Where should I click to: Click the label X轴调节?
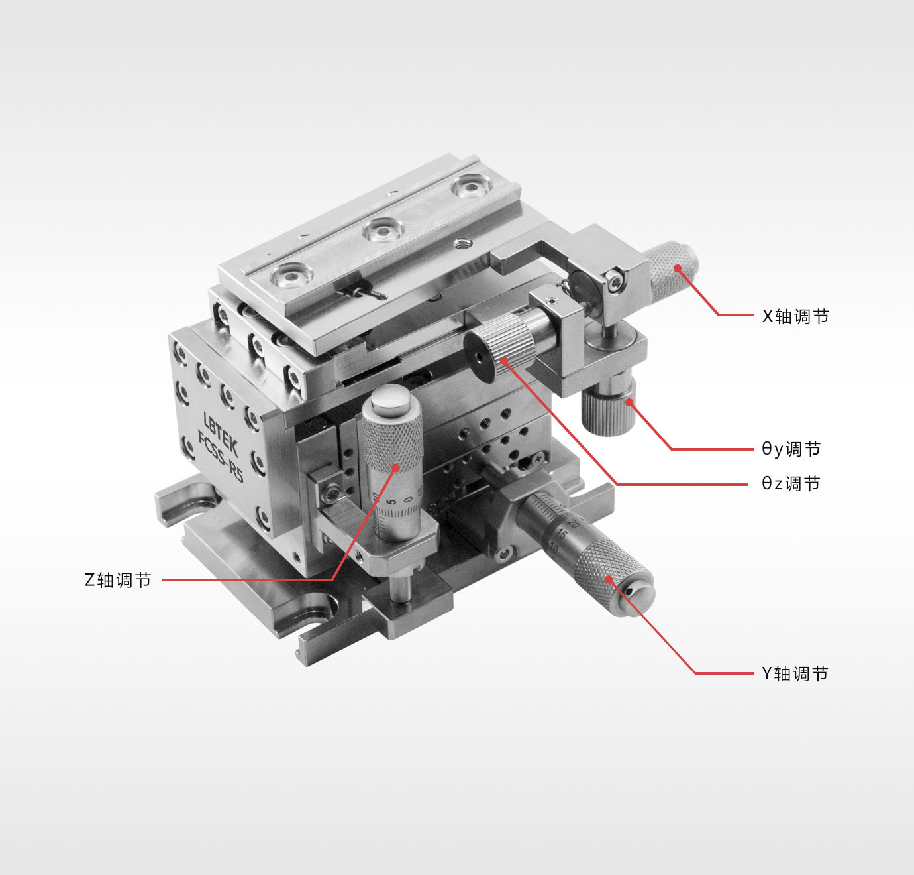click(795, 316)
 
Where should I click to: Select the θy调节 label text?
click(791, 449)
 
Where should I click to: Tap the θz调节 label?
click(791, 483)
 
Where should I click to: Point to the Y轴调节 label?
click(795, 673)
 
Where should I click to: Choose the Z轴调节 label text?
click(118, 580)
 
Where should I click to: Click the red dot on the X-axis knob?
click(678, 268)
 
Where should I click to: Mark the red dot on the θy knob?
click(629, 402)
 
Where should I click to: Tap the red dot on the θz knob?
click(503, 360)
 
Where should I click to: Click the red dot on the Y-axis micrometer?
click(609, 579)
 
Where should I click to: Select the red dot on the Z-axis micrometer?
click(395, 468)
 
